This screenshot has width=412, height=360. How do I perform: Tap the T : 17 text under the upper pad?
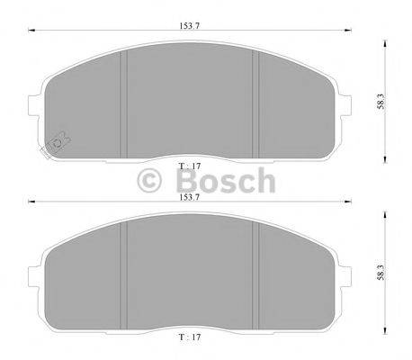190,166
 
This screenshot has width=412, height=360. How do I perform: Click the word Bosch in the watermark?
221,180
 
